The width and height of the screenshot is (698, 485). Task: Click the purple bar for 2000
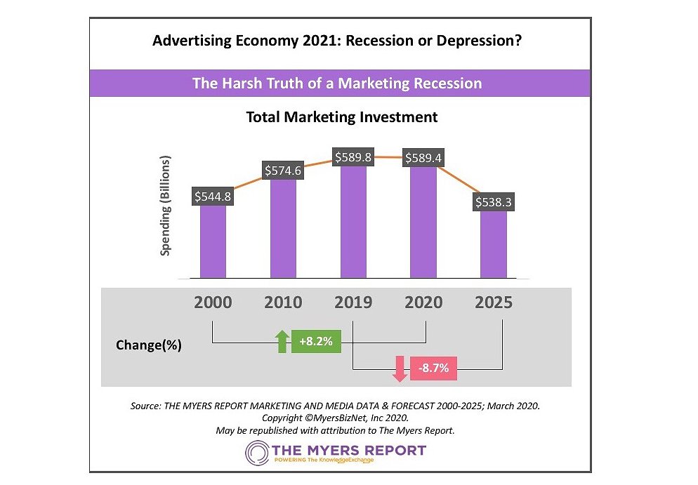[x=213, y=241]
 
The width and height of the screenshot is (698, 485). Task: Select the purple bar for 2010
[x=283, y=228]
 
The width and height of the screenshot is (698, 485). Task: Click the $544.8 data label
[x=212, y=197]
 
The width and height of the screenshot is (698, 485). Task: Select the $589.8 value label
[x=354, y=157]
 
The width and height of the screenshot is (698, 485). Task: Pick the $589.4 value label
[x=423, y=157]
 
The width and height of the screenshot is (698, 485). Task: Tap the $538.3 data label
[x=494, y=202]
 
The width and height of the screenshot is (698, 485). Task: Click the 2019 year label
[x=354, y=303]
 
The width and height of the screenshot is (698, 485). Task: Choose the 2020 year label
[x=423, y=303]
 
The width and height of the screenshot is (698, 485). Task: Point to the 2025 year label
[x=494, y=303]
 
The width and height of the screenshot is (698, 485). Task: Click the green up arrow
[x=282, y=341]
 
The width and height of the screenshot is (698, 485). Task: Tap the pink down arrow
[x=400, y=368]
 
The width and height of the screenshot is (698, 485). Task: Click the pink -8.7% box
[x=433, y=368]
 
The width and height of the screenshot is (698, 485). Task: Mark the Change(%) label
[x=148, y=345]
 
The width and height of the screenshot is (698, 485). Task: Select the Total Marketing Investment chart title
[x=341, y=117]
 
